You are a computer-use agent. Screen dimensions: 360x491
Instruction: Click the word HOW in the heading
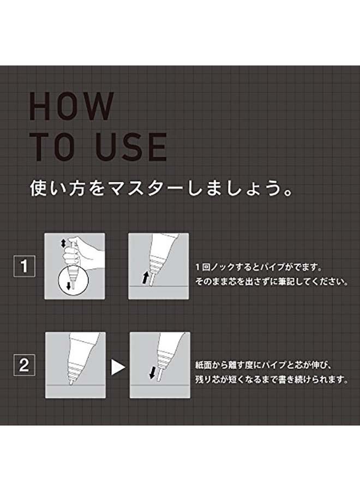71,106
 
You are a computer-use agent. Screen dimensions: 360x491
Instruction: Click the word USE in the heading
131,147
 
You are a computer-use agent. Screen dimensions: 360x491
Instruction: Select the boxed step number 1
24,266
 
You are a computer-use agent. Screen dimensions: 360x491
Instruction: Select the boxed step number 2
24,365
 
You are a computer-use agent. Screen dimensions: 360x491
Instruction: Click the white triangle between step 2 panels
118,367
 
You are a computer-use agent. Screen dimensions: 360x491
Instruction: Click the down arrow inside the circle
69,285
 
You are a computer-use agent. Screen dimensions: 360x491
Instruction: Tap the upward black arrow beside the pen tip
145,278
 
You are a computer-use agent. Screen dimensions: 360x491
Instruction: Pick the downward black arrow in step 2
153,373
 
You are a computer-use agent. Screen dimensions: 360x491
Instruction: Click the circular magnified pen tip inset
74,280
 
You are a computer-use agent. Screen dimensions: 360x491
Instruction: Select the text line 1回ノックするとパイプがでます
259,267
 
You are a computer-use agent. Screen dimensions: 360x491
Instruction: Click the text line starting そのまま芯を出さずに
272,281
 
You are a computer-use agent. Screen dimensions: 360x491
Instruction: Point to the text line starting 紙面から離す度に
263,365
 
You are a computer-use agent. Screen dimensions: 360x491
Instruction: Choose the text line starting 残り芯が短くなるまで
272,379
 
